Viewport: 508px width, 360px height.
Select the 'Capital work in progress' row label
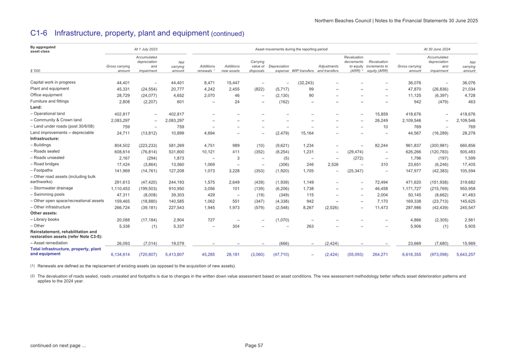point(52,82)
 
